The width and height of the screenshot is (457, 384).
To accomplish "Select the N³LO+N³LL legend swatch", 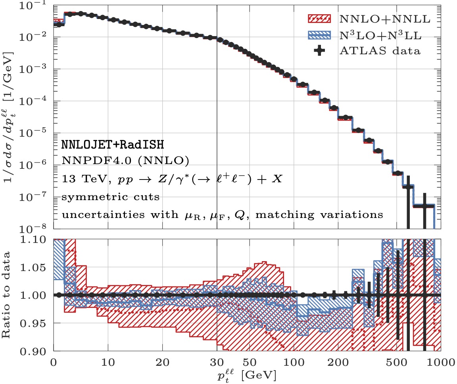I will (x=319, y=35).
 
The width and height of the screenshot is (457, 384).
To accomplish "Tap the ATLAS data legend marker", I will (x=319, y=51).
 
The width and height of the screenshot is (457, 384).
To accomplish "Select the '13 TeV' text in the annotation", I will (x=76, y=179).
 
